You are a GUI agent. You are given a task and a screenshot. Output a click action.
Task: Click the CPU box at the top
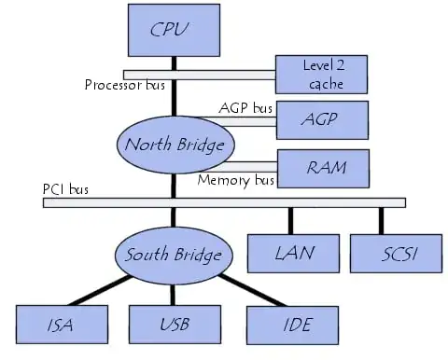point(173,29)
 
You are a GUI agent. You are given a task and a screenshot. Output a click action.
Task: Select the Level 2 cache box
point(322,74)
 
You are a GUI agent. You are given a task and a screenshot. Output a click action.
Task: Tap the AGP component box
point(322,119)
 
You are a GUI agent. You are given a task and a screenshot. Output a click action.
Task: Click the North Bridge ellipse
point(175,145)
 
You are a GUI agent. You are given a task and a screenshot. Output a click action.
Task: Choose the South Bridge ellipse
point(174,254)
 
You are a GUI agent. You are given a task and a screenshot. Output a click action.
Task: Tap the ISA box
point(60,325)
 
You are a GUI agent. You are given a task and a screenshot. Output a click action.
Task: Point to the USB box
point(173,325)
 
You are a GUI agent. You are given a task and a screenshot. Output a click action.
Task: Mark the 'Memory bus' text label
point(236,180)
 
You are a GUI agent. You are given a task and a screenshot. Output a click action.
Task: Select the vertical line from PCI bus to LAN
point(291,220)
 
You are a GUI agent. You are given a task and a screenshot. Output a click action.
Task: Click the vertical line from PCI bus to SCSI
point(382,220)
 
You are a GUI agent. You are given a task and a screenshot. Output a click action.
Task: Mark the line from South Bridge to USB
point(174,291)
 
